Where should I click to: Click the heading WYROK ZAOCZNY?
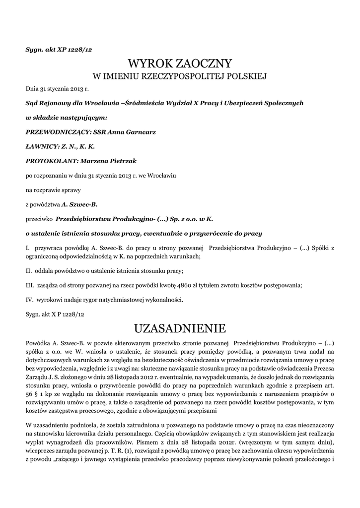(180, 63)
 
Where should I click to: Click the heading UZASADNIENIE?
(180, 328)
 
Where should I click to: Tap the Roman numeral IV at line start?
(29, 299)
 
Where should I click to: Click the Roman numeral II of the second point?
(28, 270)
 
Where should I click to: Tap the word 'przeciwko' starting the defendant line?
(39, 218)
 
